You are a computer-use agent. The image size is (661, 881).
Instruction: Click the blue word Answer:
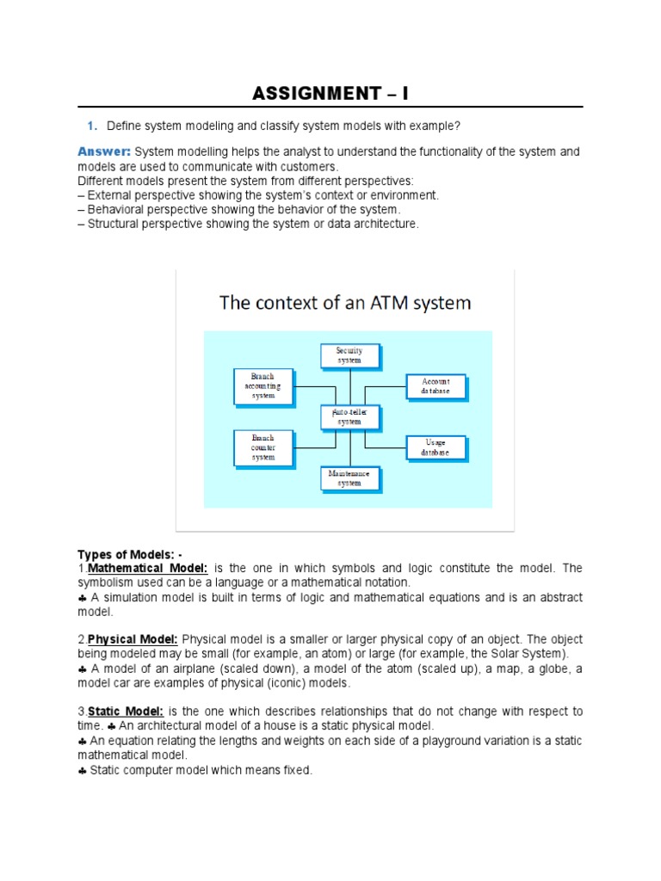tap(103, 151)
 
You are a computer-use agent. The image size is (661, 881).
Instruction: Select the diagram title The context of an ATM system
tap(345, 302)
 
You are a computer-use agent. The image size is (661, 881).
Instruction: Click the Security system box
tap(349, 355)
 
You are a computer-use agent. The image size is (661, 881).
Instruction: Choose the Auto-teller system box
tap(349, 417)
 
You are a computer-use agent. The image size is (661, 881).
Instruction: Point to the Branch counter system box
tap(263, 447)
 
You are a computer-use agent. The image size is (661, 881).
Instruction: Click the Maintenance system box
tap(349, 478)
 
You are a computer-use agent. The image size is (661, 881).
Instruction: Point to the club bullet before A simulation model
tap(83, 597)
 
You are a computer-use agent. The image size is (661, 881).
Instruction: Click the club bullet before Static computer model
tap(83, 770)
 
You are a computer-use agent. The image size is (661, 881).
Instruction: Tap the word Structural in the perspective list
tap(115, 224)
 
